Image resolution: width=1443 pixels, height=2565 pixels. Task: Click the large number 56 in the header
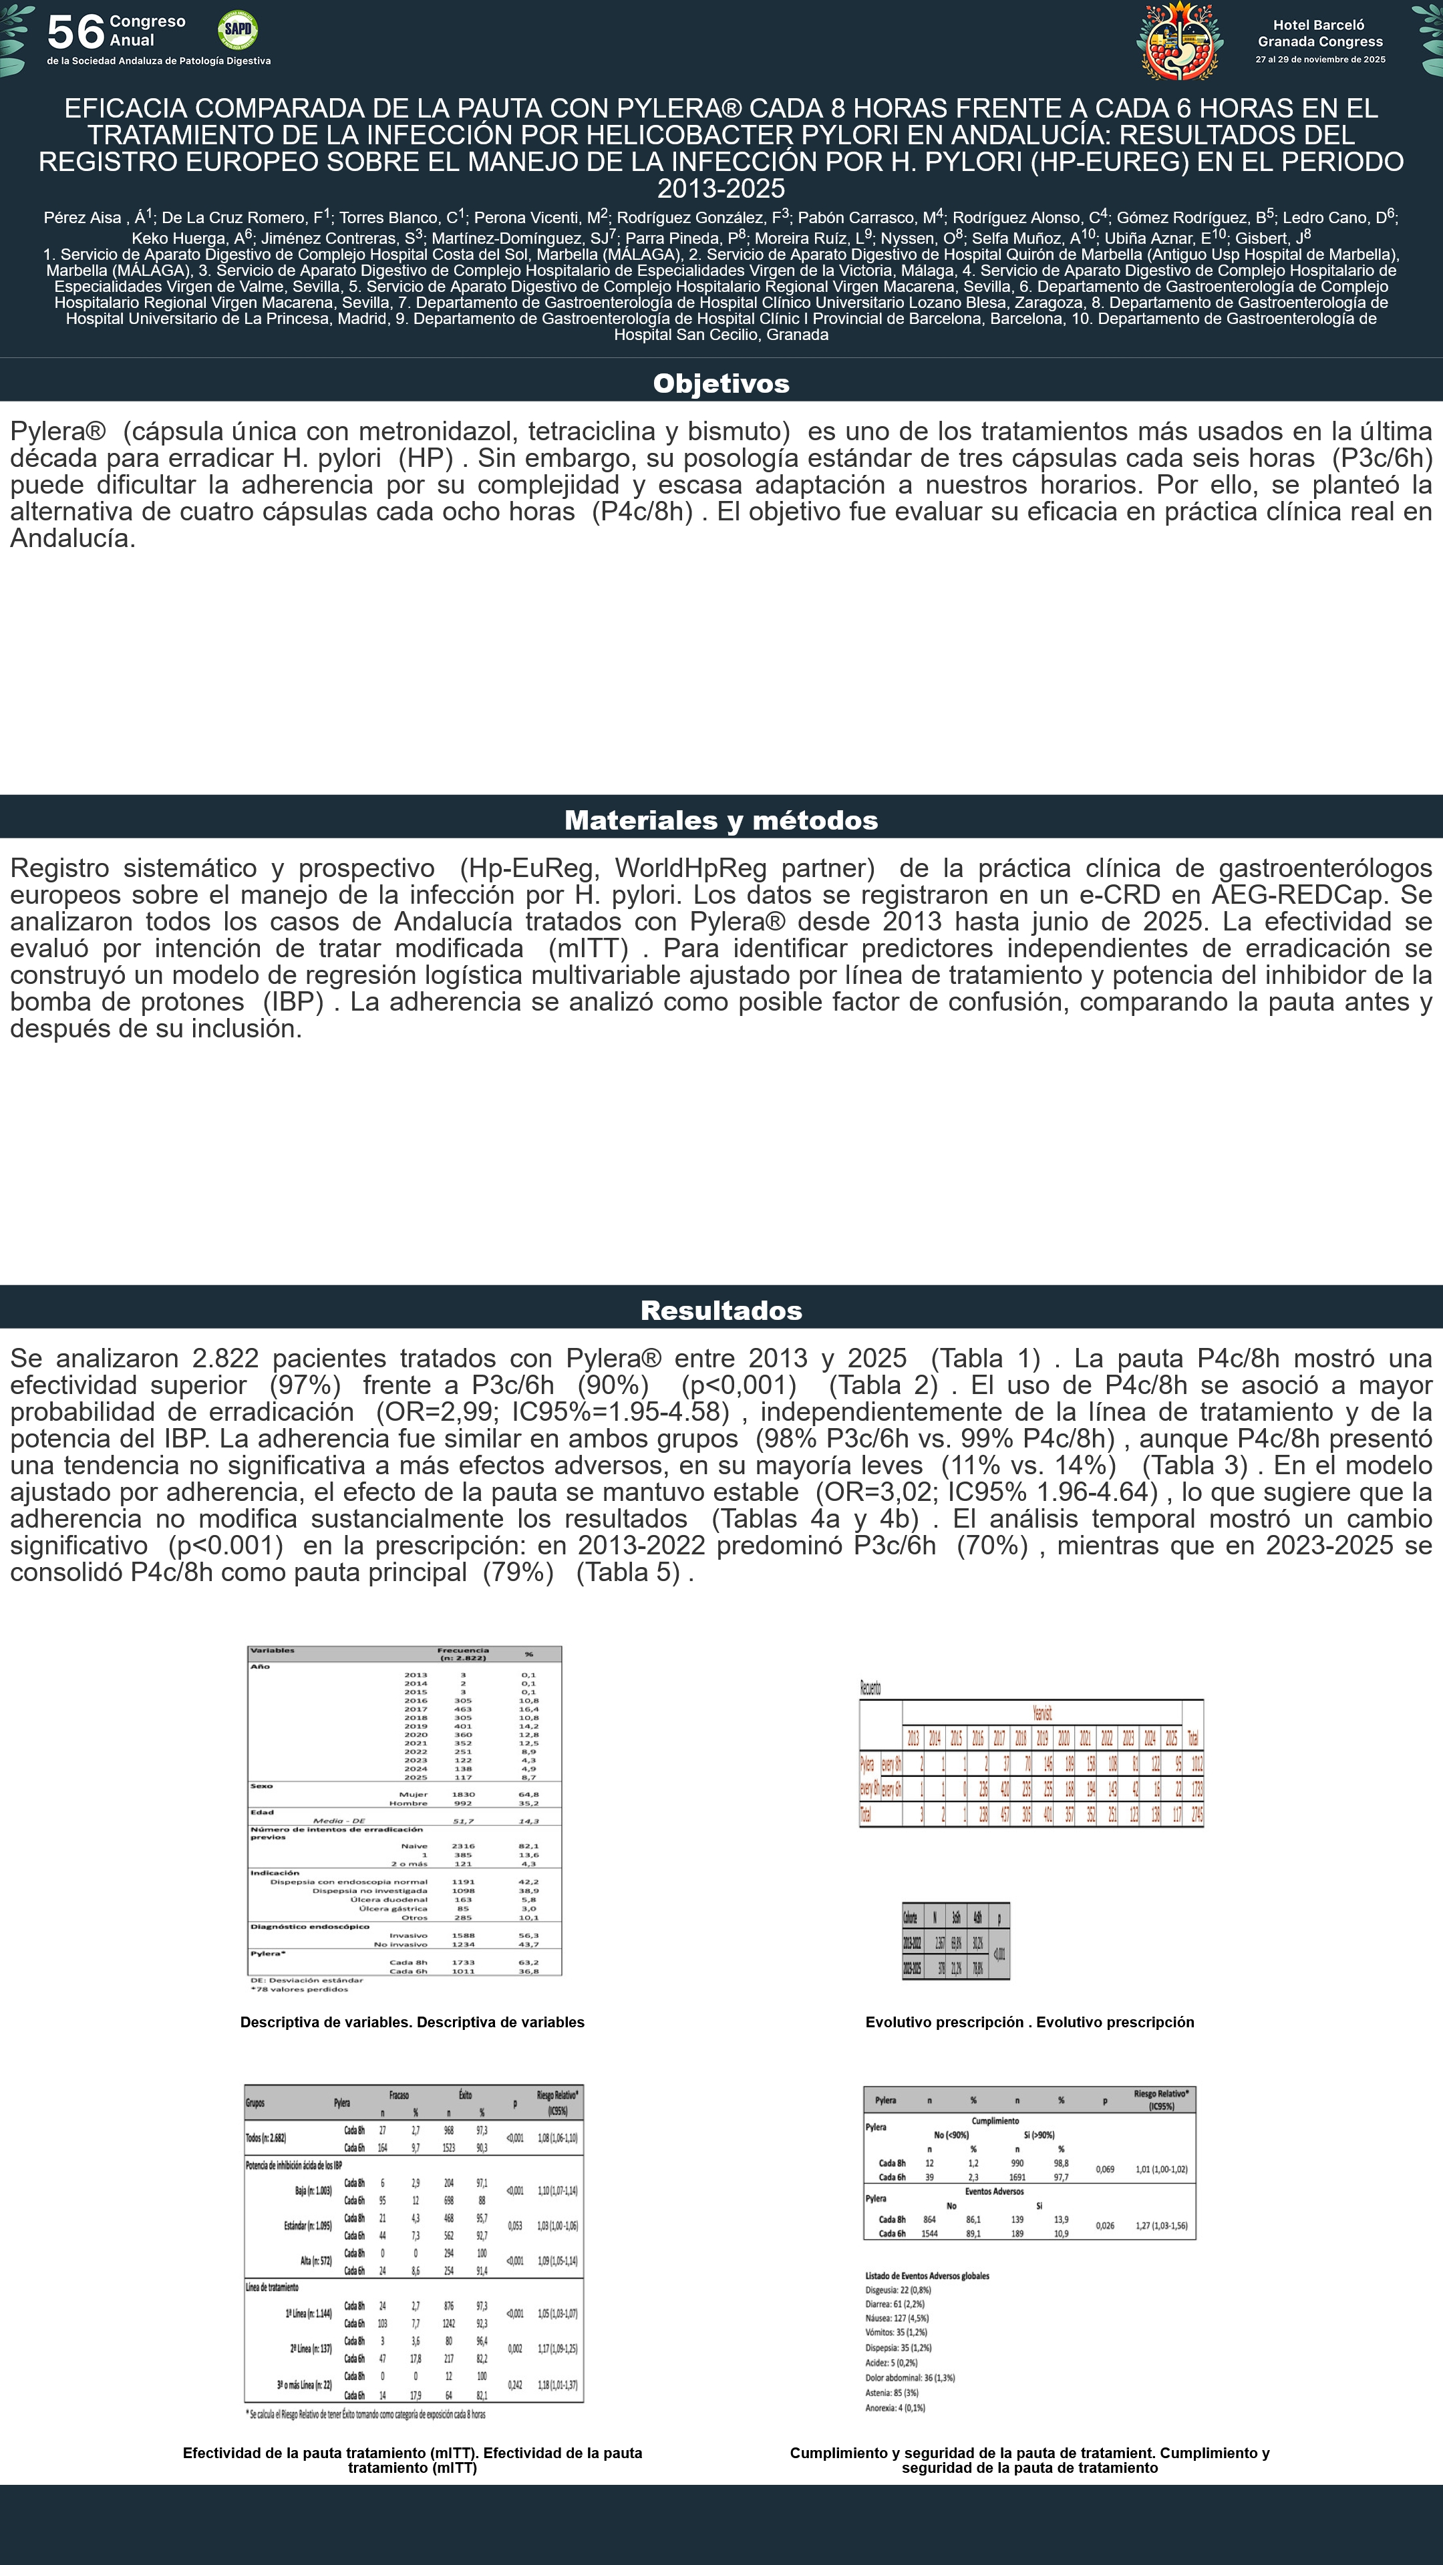[x=75, y=32]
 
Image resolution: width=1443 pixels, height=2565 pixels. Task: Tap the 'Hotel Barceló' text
[x=1319, y=25]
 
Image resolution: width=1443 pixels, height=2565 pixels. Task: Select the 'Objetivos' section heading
[x=721, y=383]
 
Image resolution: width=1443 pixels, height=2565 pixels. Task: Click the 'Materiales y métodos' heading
[x=721, y=820]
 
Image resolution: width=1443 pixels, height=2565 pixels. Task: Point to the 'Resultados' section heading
[x=721, y=1311]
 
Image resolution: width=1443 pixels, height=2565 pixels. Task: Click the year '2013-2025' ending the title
[x=721, y=188]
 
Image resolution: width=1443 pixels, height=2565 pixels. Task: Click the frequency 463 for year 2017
[x=463, y=1709]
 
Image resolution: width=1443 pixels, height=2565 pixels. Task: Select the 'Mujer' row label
[x=414, y=1794]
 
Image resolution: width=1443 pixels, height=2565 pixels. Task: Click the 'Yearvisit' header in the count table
[x=1041, y=1713]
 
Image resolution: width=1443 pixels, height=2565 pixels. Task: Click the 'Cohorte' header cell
[x=910, y=1918]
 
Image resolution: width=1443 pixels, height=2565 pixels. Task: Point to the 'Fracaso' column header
[x=398, y=2095]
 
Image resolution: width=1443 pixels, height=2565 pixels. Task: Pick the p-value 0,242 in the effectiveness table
[x=515, y=2385]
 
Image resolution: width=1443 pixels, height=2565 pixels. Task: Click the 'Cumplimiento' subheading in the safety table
[x=995, y=2121]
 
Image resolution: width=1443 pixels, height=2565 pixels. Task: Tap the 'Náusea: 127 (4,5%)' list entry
[x=897, y=2318]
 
